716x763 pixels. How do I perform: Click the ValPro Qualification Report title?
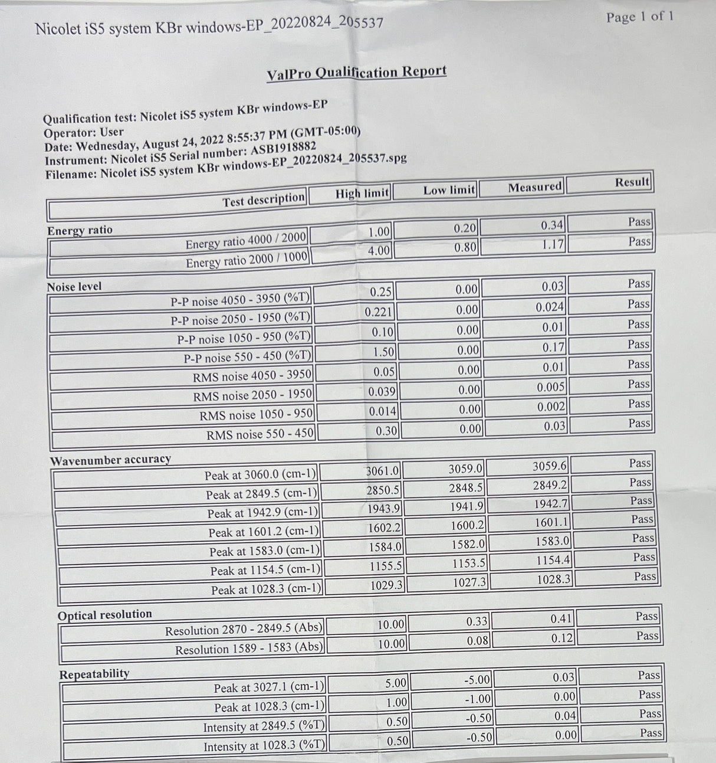click(356, 73)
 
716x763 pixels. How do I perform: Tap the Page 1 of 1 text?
click(639, 17)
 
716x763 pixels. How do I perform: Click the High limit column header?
click(362, 192)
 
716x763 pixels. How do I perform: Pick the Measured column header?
click(535, 187)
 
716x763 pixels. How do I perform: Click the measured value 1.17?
click(553, 244)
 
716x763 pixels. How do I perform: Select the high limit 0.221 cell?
click(378, 312)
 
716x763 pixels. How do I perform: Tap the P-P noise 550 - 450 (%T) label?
click(247, 357)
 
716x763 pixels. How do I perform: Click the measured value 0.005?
click(551, 387)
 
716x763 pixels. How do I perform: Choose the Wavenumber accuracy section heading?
click(110, 460)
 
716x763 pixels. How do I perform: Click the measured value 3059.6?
click(550, 466)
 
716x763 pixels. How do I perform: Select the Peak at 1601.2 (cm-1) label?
click(264, 532)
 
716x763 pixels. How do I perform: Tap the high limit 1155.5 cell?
click(386, 566)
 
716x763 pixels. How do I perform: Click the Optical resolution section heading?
click(105, 615)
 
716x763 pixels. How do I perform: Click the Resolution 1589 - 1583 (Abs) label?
click(249, 649)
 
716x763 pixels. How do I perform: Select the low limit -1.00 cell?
click(477, 699)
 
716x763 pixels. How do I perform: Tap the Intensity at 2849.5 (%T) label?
click(264, 727)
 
